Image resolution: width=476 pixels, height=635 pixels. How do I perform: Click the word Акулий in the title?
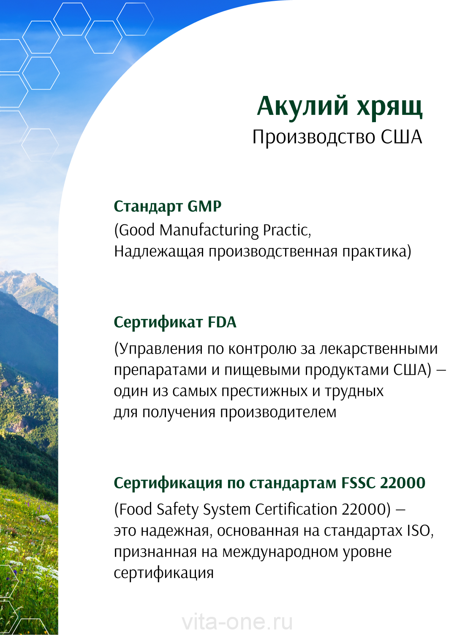(302, 106)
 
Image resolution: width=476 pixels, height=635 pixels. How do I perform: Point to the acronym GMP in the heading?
(204, 206)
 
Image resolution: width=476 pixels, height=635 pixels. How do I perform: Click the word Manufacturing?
(209, 231)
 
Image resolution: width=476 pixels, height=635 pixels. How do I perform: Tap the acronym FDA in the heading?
(222, 322)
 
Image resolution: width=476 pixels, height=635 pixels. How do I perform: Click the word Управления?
(160, 349)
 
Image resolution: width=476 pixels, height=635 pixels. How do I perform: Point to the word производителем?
(278, 412)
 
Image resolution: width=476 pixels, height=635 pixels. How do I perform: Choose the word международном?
(280, 553)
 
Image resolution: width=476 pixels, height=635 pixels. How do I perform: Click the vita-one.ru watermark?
(237, 622)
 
